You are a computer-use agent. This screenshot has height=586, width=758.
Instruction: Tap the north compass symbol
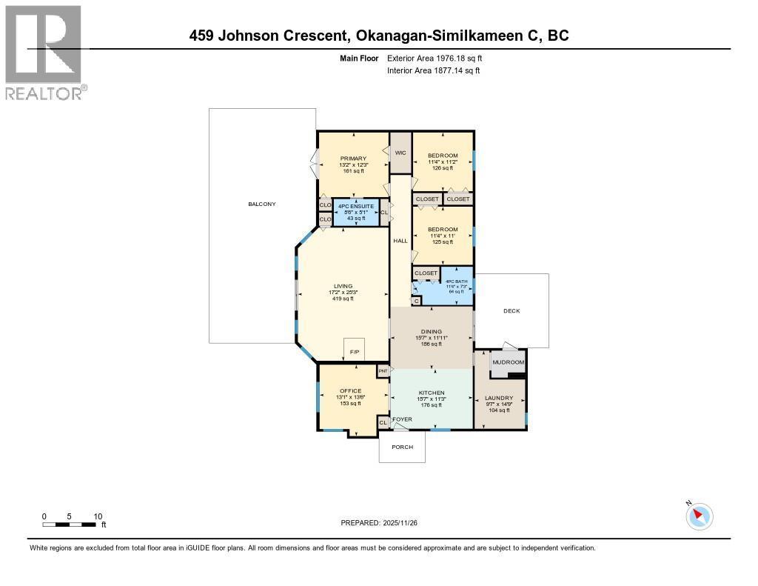coord(700,516)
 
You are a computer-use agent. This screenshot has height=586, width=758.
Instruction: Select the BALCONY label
coord(261,204)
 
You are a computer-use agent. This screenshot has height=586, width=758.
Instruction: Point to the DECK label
coord(511,310)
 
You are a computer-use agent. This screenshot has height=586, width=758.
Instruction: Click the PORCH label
coord(402,447)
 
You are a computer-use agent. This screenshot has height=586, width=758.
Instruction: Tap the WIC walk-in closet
coord(400,153)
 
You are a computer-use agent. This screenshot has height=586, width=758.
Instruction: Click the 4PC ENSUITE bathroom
coord(356,212)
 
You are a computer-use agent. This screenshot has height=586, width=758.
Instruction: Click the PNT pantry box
coord(383,370)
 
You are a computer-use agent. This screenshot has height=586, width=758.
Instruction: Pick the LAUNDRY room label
coord(499,398)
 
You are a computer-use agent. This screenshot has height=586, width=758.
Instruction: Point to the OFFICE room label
coord(350,391)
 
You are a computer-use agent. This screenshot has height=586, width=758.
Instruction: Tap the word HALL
coord(400,241)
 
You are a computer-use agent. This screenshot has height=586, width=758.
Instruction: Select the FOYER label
coord(402,419)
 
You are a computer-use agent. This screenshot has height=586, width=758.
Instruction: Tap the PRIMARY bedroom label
coord(353,159)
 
